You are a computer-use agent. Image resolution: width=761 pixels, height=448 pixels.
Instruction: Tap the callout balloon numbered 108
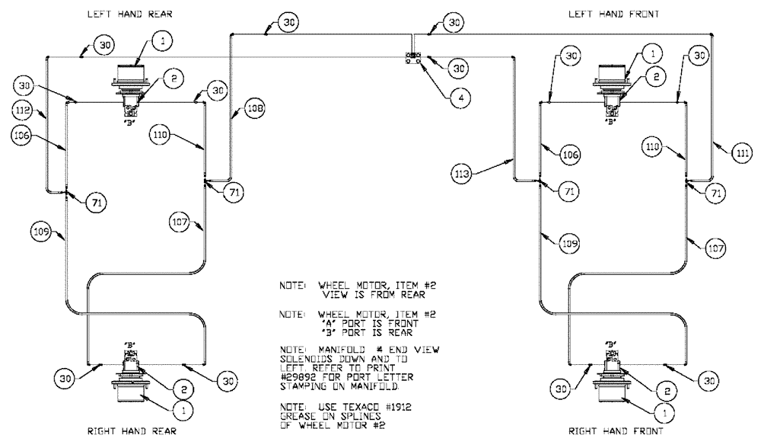click(x=255, y=109)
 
